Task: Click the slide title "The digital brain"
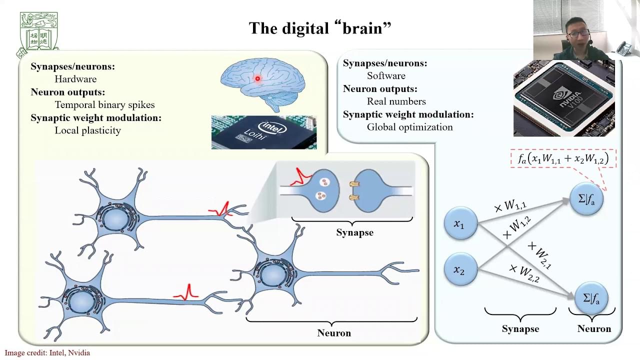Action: (319, 28)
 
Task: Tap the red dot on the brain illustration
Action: (257, 78)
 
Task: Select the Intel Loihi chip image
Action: (263, 132)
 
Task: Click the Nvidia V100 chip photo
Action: (563, 98)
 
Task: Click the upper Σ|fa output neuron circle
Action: (586, 198)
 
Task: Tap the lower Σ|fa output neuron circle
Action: (591, 298)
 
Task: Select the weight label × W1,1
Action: (510, 205)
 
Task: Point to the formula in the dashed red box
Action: (563, 159)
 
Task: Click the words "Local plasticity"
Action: (87, 130)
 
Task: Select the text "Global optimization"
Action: (409, 127)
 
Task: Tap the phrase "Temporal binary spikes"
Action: (104, 105)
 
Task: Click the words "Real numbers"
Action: (396, 101)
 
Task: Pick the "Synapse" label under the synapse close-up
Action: (354, 232)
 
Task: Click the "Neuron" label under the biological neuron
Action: (334, 333)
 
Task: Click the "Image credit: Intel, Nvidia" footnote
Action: (47, 353)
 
